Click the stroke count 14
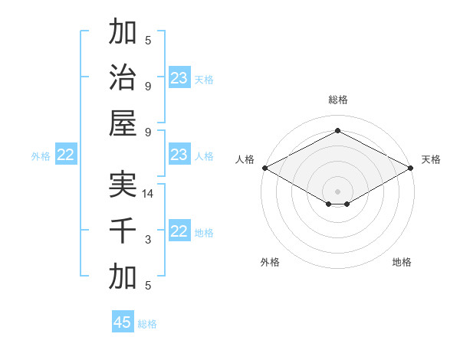pos(149,194)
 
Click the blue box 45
pos(123,322)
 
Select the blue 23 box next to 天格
pos(179,78)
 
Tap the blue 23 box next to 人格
pos(179,155)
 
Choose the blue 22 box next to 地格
pos(179,231)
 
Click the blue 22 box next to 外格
pos(65,155)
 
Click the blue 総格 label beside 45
pos(147,324)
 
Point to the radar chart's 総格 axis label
pos(337,100)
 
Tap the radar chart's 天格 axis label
pos(431,159)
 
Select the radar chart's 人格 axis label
pos(245,159)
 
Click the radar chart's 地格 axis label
pos(402,262)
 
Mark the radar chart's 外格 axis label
pos(270,262)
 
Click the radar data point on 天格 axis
pos(411,168)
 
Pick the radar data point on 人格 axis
pos(264,168)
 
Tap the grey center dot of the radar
pos(337,191)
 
